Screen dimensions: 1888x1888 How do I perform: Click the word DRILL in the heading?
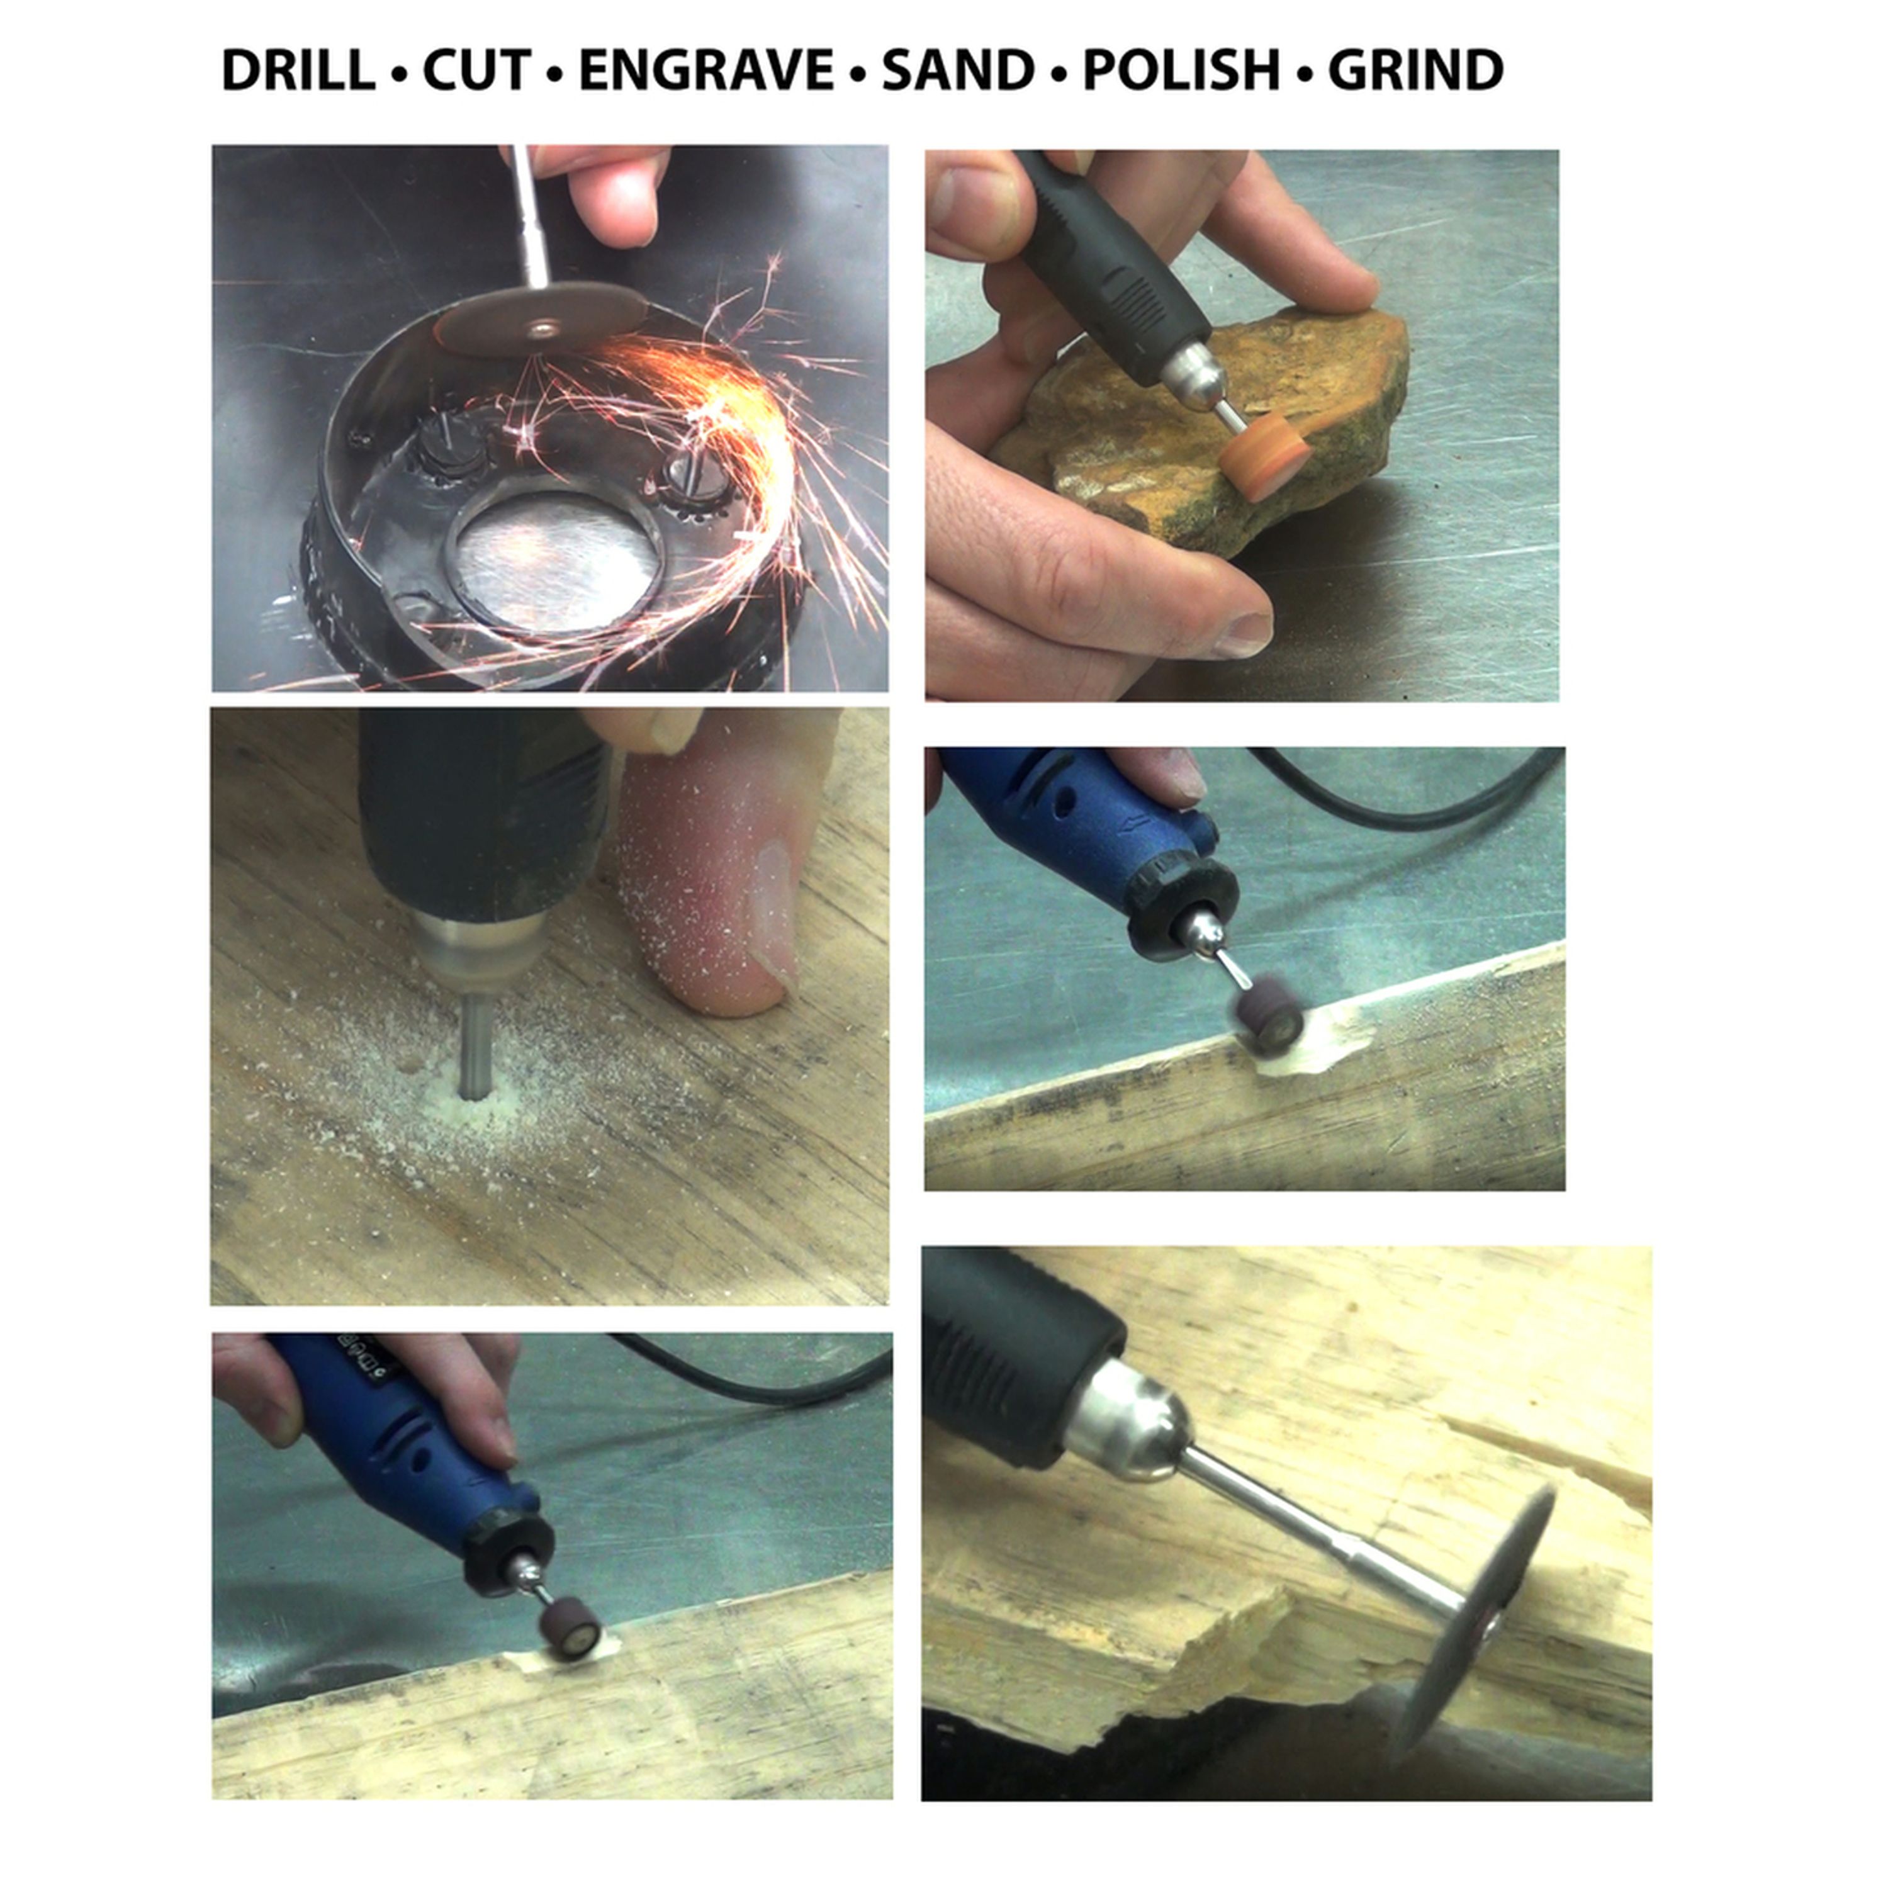298,70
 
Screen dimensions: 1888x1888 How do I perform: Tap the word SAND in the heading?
958,70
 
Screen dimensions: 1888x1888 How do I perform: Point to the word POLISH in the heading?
1181,70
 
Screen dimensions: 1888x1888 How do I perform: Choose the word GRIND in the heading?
1415,70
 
